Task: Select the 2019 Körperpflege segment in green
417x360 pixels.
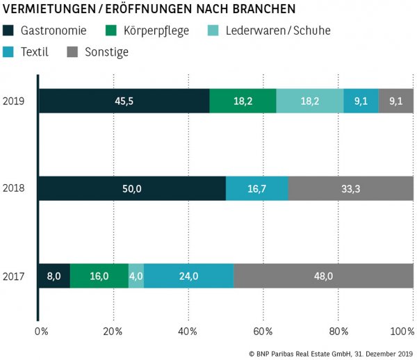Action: pyautogui.click(x=243, y=101)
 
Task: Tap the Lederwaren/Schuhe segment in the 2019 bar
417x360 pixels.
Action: pyautogui.click(x=309, y=101)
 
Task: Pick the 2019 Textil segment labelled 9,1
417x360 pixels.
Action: pyautogui.click(x=361, y=101)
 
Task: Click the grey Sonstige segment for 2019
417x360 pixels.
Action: pyautogui.click(x=395, y=101)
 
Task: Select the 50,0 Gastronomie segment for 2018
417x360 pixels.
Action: pyautogui.click(x=132, y=188)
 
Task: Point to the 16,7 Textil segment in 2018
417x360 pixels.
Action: pyautogui.click(x=257, y=188)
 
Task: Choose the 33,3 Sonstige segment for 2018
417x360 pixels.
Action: pyautogui.click(x=351, y=188)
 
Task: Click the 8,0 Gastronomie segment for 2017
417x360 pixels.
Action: pyautogui.click(x=54, y=276)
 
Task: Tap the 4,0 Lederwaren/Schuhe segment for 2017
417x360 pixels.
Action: pyautogui.click(x=136, y=276)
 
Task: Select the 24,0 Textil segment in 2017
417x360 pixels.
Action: pyautogui.click(x=188, y=276)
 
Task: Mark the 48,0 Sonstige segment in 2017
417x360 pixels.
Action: pyautogui.click(x=324, y=276)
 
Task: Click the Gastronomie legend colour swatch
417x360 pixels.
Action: pyautogui.click(x=9, y=31)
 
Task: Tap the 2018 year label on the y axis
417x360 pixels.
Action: pyautogui.click(x=15, y=188)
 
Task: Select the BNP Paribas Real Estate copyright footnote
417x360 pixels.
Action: pyautogui.click(x=331, y=353)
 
